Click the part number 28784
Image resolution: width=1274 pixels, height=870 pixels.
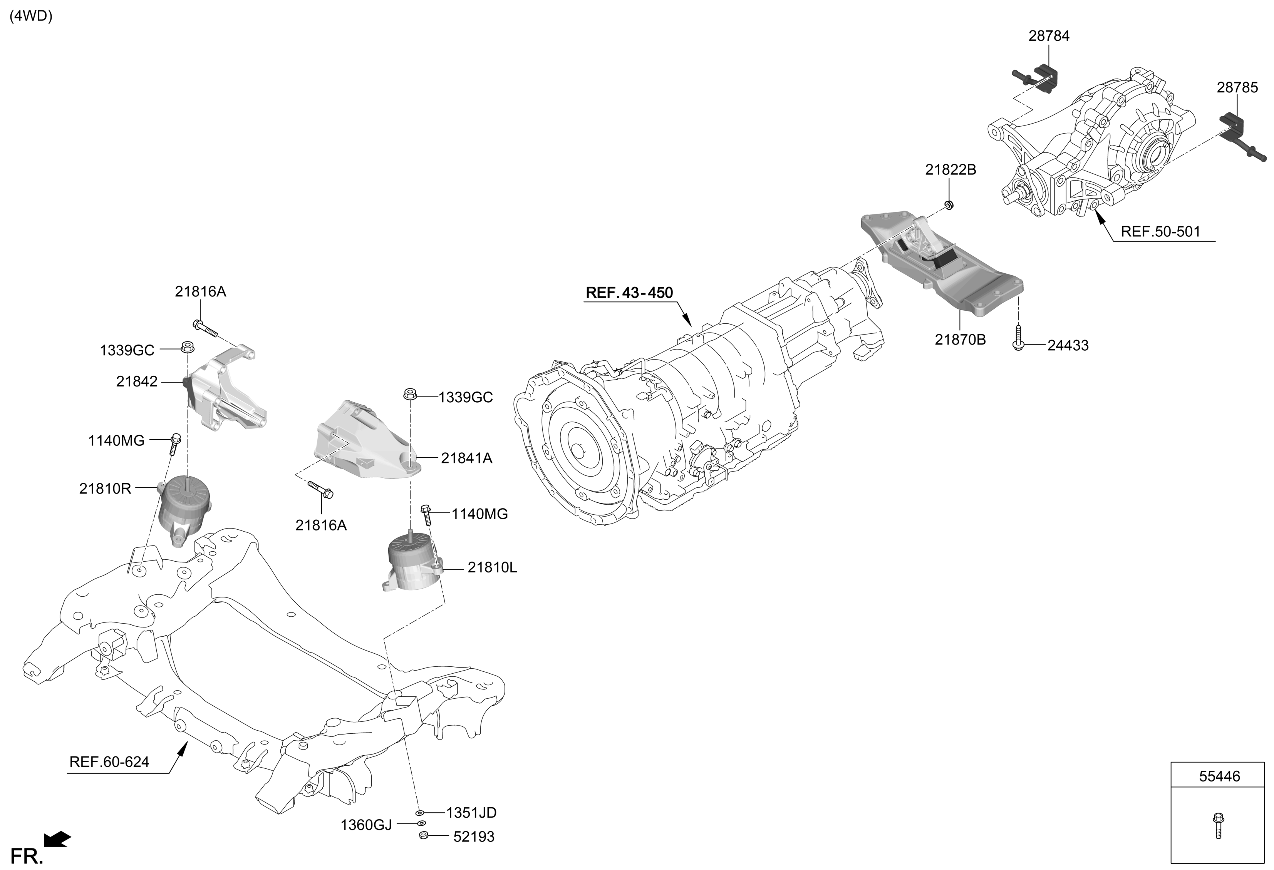click(1049, 36)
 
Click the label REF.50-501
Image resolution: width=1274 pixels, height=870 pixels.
click(1160, 232)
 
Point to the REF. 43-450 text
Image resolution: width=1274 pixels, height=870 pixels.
click(629, 293)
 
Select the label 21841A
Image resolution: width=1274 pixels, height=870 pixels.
click(466, 458)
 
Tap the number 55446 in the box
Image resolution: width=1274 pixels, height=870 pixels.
click(1220, 776)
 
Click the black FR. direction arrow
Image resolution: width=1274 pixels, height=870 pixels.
click(57, 839)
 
